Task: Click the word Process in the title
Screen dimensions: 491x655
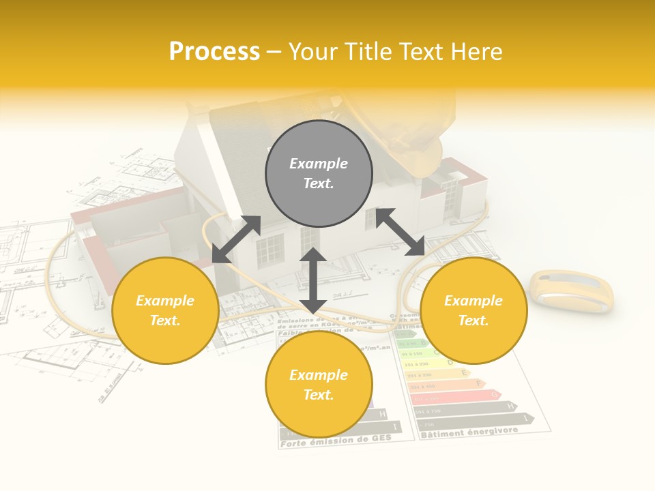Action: click(214, 52)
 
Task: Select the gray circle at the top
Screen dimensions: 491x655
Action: click(319, 173)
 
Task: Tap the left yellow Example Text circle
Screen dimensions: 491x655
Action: click(165, 310)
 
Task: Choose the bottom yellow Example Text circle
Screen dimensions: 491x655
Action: click(319, 385)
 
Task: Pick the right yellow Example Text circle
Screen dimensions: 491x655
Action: click(474, 310)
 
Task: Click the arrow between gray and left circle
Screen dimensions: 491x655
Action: click(236, 239)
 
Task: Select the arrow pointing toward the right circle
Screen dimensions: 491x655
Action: click(401, 232)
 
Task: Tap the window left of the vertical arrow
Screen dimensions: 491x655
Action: click(270, 250)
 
